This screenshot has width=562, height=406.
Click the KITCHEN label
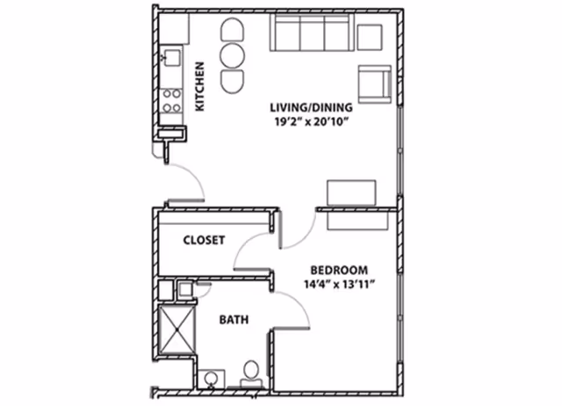[199, 86]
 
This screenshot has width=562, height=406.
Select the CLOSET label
[204, 239]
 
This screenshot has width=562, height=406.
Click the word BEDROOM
[339, 270]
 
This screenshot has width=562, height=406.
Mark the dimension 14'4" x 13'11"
[338, 284]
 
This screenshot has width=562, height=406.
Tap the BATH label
[234, 321]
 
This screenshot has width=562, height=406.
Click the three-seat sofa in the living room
[312, 35]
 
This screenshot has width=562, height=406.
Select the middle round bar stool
[234, 56]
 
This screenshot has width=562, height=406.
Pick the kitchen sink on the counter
[169, 58]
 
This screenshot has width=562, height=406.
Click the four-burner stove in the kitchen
[171, 99]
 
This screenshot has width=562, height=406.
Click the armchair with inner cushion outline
[372, 82]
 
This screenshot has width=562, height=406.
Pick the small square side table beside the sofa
[370, 37]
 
